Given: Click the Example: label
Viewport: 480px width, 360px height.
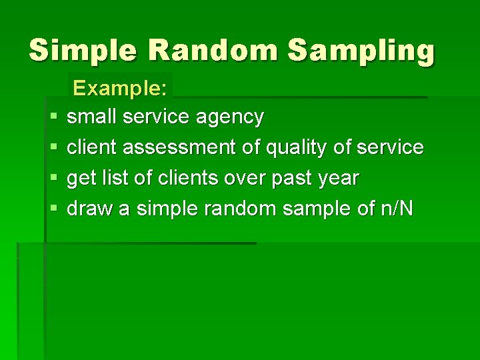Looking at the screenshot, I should (x=120, y=88).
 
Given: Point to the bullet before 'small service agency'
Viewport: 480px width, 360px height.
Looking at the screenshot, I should (x=53, y=117).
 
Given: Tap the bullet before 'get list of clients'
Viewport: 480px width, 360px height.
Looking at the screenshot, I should (x=53, y=179).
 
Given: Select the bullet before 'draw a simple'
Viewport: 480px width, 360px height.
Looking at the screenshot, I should (x=53, y=209).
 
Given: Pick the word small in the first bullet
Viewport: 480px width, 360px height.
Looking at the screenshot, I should (x=91, y=117).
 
